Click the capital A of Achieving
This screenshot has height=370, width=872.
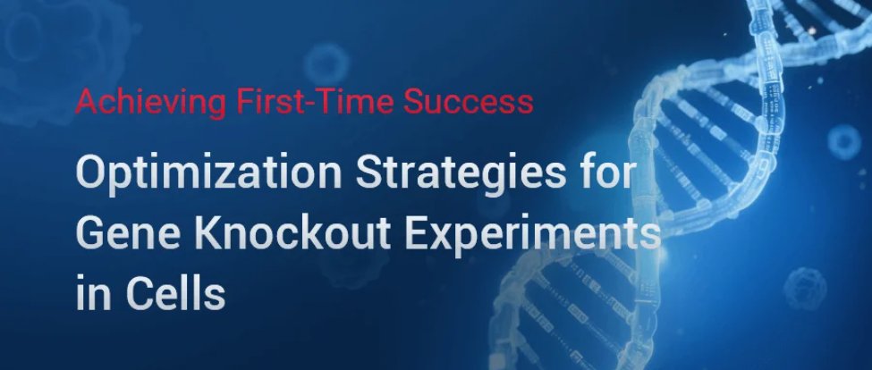83,103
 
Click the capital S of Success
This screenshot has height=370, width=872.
414,103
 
